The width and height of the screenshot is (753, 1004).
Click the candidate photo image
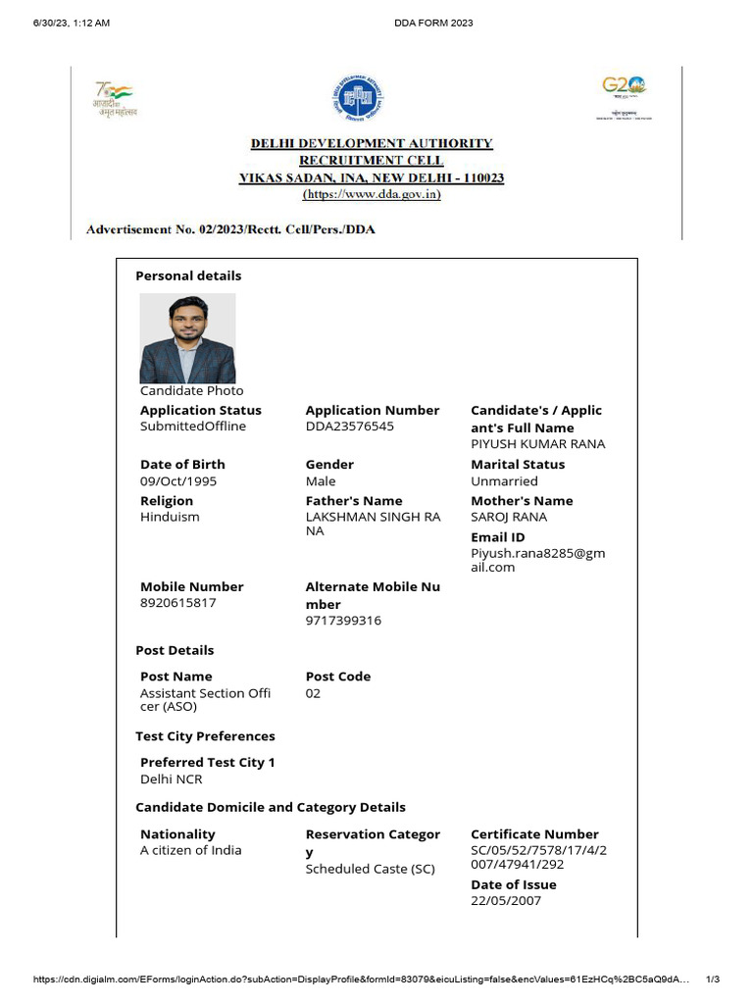[187, 338]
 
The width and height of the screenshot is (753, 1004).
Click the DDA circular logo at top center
[357, 99]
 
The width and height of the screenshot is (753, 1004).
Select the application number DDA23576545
[349, 427]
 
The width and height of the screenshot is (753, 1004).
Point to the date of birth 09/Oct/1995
[178, 481]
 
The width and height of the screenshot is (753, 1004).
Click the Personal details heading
[188, 276]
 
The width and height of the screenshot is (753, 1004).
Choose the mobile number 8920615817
[178, 603]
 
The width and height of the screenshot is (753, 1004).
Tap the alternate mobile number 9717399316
[343, 621]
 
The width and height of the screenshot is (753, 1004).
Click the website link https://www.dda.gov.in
[372, 195]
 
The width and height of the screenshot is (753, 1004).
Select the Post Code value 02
[313, 693]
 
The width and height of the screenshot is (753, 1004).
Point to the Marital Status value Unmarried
[504, 481]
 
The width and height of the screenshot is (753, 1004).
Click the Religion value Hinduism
[170, 517]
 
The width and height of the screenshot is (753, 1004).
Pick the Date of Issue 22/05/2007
[506, 901]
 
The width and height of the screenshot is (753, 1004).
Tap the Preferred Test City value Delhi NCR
[171, 779]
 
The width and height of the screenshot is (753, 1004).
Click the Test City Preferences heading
[205, 736]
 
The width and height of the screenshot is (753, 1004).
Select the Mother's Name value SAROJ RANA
[509, 517]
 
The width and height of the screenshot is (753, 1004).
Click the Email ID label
[498, 537]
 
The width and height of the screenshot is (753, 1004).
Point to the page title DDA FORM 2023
[433, 23]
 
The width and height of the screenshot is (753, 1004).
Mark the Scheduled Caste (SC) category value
[370, 870]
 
